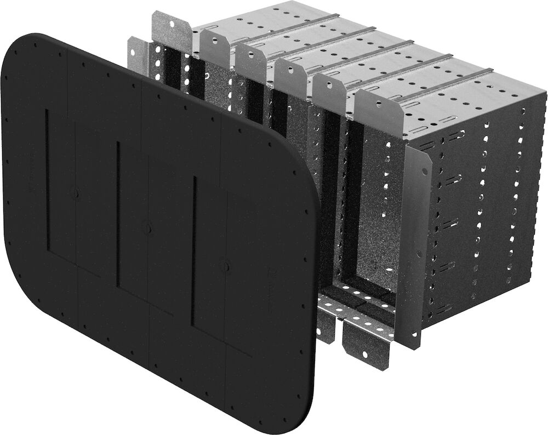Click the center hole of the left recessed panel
click(75, 193)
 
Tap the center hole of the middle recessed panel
click(146, 226)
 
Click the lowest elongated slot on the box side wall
click(448, 268)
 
